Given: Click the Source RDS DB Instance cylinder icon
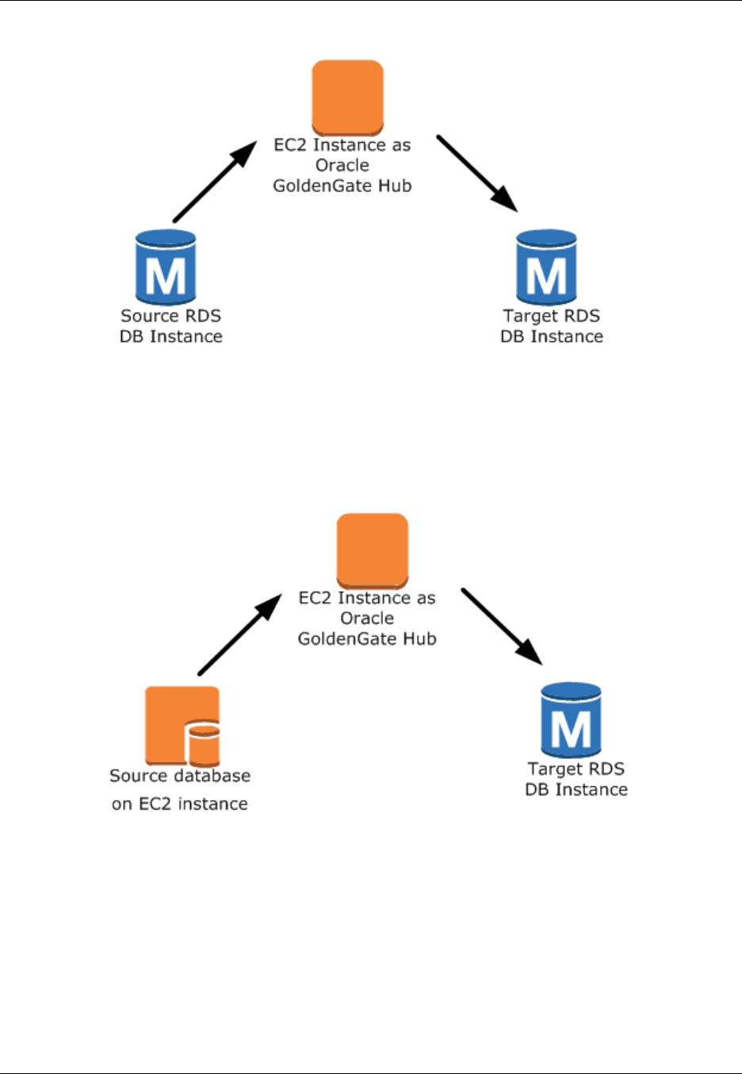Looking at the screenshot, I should pyautogui.click(x=166, y=267).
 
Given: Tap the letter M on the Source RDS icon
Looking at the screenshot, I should pyautogui.click(x=166, y=276).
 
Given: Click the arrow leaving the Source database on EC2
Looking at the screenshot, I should pyautogui.click(x=239, y=635).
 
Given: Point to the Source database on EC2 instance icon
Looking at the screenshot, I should pyautogui.click(x=182, y=725).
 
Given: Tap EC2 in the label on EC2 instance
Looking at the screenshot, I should pyautogui.click(x=155, y=804).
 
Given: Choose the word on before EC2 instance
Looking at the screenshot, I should pyautogui.click(x=121, y=804).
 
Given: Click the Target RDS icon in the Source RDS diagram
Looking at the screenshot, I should pyautogui.click(x=546, y=267).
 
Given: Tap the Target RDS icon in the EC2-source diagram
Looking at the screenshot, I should pyautogui.click(x=571, y=719).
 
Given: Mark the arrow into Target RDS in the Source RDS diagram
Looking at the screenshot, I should pyautogui.click(x=477, y=174).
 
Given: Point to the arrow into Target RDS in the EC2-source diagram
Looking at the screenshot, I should pyautogui.click(x=502, y=627).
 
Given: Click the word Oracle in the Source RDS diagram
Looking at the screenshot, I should pyautogui.click(x=342, y=165).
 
